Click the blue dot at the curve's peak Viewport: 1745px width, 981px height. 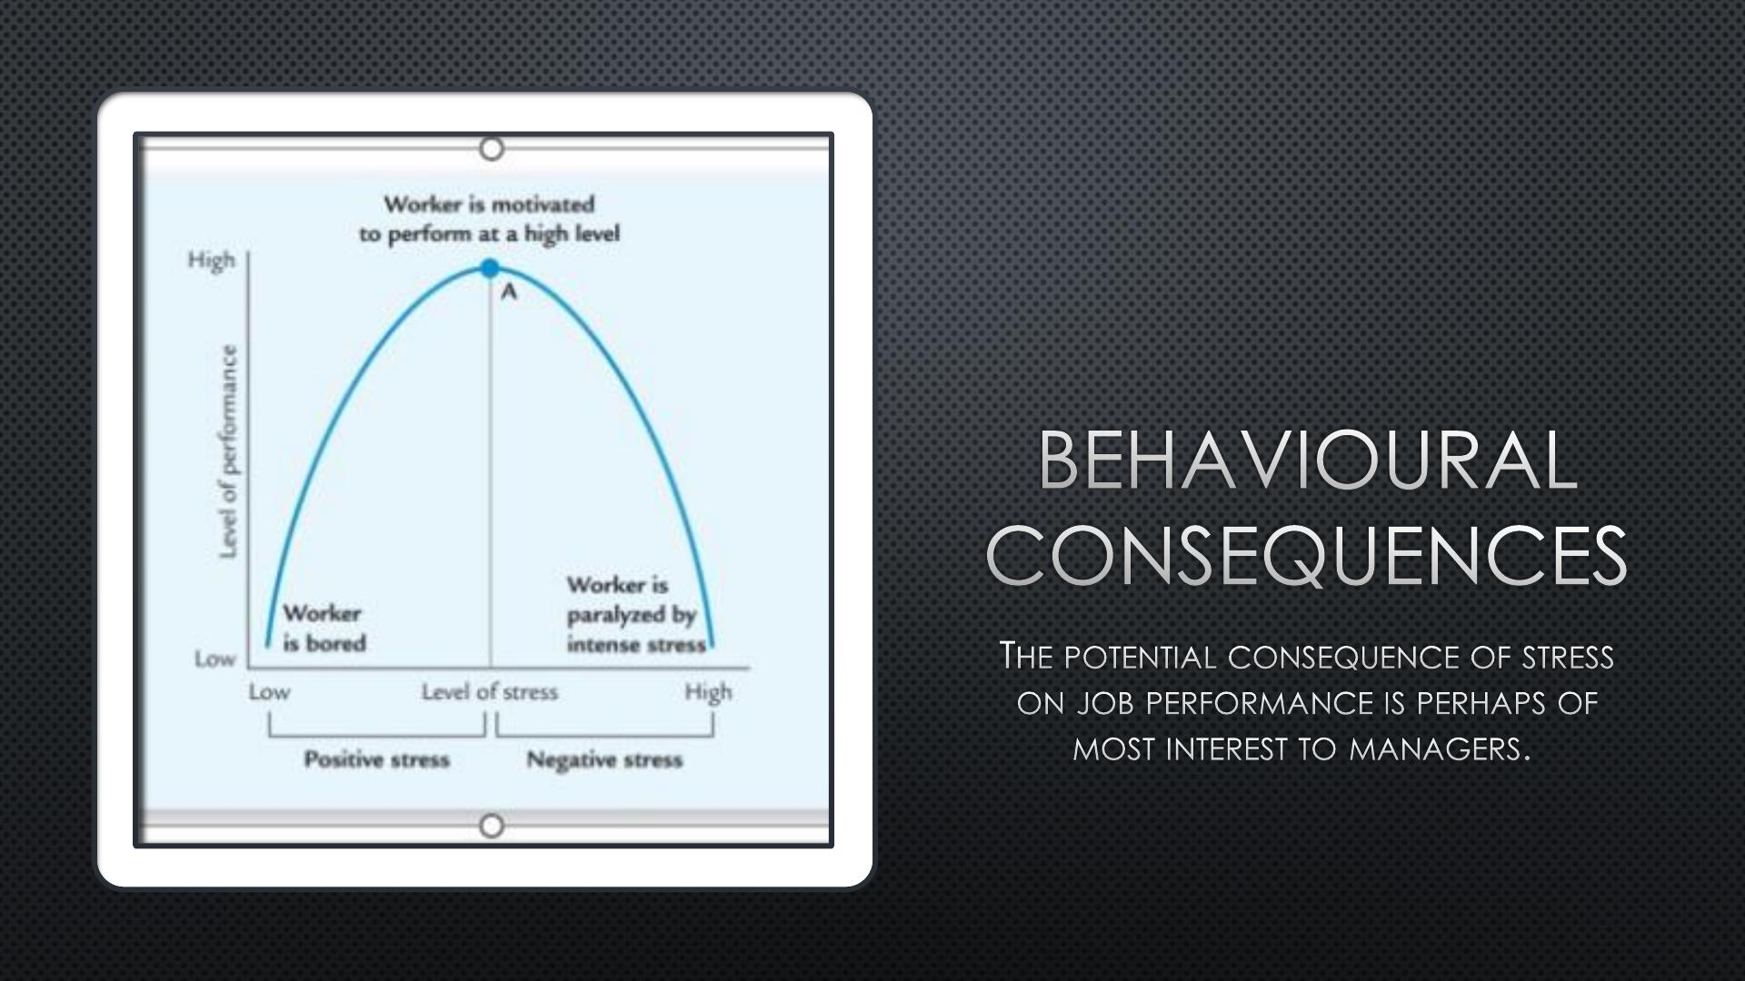[490, 268]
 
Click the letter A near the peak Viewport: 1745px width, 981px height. [509, 292]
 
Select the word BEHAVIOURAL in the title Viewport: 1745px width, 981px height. [1307, 461]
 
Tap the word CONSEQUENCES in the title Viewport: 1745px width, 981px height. [1307, 554]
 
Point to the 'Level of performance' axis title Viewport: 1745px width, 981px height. [228, 452]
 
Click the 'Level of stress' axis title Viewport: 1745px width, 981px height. [490, 692]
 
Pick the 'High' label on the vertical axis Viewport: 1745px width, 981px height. [212, 261]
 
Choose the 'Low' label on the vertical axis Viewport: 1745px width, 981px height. [215, 659]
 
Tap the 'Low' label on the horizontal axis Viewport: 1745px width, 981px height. [269, 692]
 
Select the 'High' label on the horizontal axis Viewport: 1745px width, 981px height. [708, 693]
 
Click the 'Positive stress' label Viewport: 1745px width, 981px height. [377, 759]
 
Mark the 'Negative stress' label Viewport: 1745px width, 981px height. [604, 759]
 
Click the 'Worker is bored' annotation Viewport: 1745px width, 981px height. [324, 628]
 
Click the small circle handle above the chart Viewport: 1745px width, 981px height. [492, 148]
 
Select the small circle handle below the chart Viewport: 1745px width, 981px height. [492, 826]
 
